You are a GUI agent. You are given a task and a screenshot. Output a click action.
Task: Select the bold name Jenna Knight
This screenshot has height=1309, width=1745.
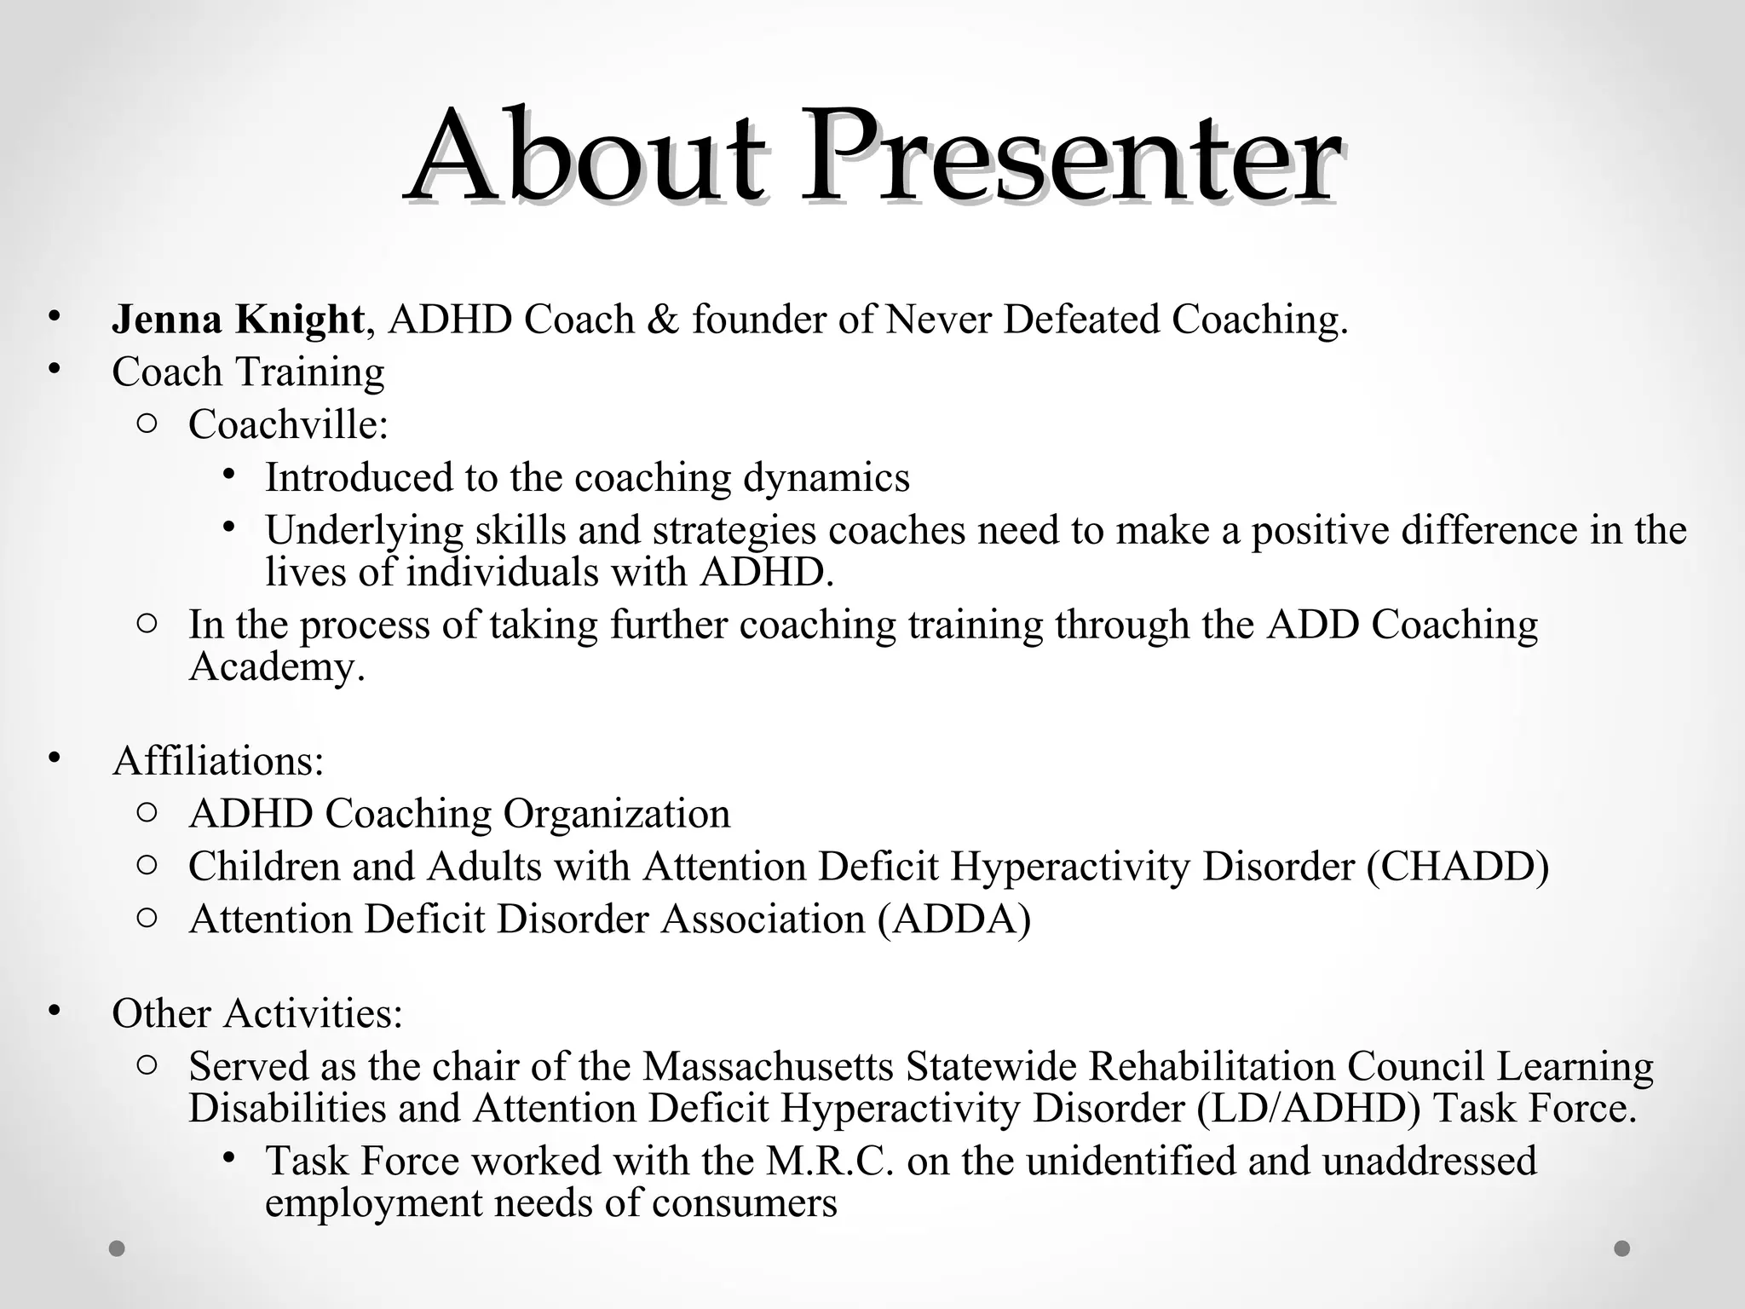(x=238, y=320)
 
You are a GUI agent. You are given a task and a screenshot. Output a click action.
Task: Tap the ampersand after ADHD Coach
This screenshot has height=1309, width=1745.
(x=663, y=320)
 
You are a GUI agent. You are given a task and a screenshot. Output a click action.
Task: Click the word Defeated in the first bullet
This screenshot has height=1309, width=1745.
(x=1081, y=320)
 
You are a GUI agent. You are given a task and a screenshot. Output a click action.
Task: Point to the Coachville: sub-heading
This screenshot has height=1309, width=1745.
(x=288, y=424)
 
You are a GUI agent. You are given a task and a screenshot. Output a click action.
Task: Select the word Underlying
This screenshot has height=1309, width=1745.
(x=364, y=530)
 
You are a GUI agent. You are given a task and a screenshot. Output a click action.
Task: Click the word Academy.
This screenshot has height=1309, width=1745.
(x=276, y=666)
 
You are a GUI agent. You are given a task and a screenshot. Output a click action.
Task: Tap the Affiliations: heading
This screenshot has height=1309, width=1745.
(x=218, y=760)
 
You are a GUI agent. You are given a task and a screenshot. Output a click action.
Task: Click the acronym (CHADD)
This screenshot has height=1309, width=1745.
(x=1457, y=866)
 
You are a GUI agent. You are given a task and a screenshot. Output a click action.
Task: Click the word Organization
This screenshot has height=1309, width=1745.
(x=617, y=813)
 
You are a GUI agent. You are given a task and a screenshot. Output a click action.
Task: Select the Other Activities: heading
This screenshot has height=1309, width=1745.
(x=256, y=1013)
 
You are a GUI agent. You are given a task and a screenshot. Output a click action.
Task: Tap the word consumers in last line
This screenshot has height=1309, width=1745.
(x=744, y=1202)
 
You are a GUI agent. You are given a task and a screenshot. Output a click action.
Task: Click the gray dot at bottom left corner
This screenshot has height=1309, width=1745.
(x=118, y=1248)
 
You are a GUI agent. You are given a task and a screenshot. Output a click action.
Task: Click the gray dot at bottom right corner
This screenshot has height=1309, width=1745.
(x=1622, y=1248)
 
